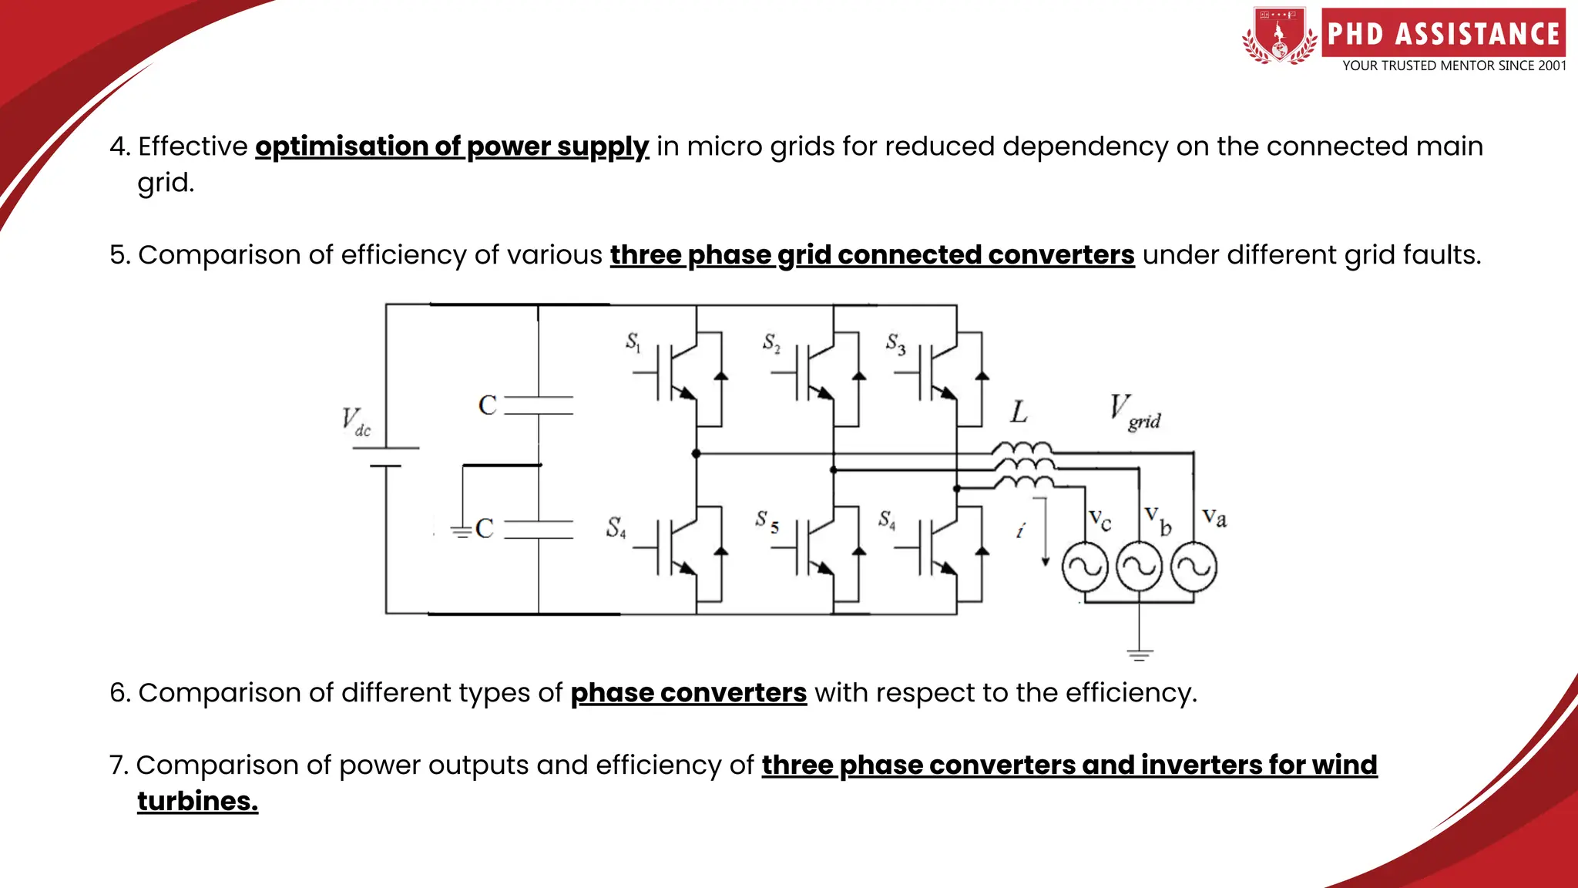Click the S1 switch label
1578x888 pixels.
coord(633,341)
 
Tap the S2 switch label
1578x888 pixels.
coord(771,342)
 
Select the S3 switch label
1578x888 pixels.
coord(895,343)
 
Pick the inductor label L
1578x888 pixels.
coord(1019,412)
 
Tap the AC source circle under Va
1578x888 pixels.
coord(1194,567)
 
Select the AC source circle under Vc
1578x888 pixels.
coord(1085,567)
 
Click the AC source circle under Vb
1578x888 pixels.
coord(1140,567)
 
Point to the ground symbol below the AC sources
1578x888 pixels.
coord(1140,654)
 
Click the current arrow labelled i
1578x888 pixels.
coord(1045,532)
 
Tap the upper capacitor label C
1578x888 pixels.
coord(487,405)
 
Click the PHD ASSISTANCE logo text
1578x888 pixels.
coord(1443,34)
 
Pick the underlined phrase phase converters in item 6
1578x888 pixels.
coord(688,692)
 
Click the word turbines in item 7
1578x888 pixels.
coord(197,801)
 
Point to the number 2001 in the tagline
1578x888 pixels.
coord(1552,66)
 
